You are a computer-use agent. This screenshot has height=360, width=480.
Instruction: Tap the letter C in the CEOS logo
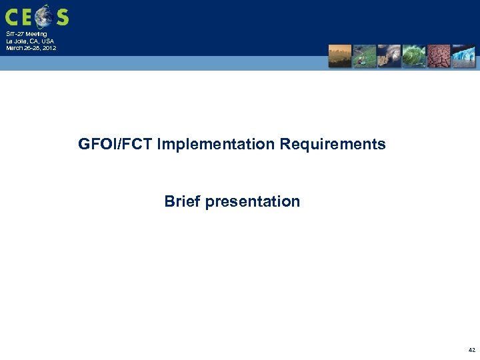(x=13, y=17)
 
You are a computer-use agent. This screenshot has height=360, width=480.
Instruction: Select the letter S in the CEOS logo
(x=62, y=17)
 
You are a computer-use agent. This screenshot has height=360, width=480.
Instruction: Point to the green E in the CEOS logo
(x=29, y=17)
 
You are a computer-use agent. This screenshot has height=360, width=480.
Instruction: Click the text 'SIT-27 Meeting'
(x=26, y=34)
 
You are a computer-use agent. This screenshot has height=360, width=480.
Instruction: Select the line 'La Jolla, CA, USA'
(x=30, y=41)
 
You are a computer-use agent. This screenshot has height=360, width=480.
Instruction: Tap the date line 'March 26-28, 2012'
(x=31, y=48)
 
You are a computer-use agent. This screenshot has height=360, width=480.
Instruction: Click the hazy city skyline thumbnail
(x=340, y=56)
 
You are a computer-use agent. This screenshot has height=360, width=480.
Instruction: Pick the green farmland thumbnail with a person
(x=364, y=56)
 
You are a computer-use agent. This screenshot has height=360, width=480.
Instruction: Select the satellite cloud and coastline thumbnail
(x=389, y=56)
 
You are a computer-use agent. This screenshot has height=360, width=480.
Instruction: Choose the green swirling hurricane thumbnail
(x=413, y=56)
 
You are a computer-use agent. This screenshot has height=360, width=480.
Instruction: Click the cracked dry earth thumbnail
(x=438, y=56)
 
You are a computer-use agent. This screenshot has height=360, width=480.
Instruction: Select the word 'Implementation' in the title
(x=217, y=144)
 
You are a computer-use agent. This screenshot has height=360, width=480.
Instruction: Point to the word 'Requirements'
(x=333, y=144)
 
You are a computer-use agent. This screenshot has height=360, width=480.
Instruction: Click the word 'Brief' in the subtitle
(x=183, y=201)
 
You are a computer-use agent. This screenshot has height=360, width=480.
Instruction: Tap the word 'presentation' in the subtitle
(x=253, y=201)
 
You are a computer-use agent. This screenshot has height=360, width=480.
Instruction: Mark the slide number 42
(x=471, y=350)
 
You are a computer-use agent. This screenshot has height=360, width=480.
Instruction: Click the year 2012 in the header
(x=49, y=48)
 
